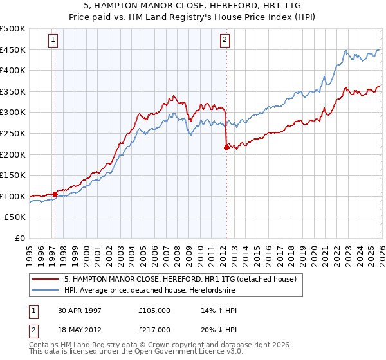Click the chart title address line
(x=193, y=4)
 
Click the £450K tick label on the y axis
(x=13, y=50)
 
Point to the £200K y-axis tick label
(x=13, y=154)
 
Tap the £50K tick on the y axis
(x=15, y=217)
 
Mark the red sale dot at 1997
(x=55, y=194)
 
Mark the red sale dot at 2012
(x=226, y=147)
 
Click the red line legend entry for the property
(x=180, y=280)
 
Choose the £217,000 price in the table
(x=154, y=329)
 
